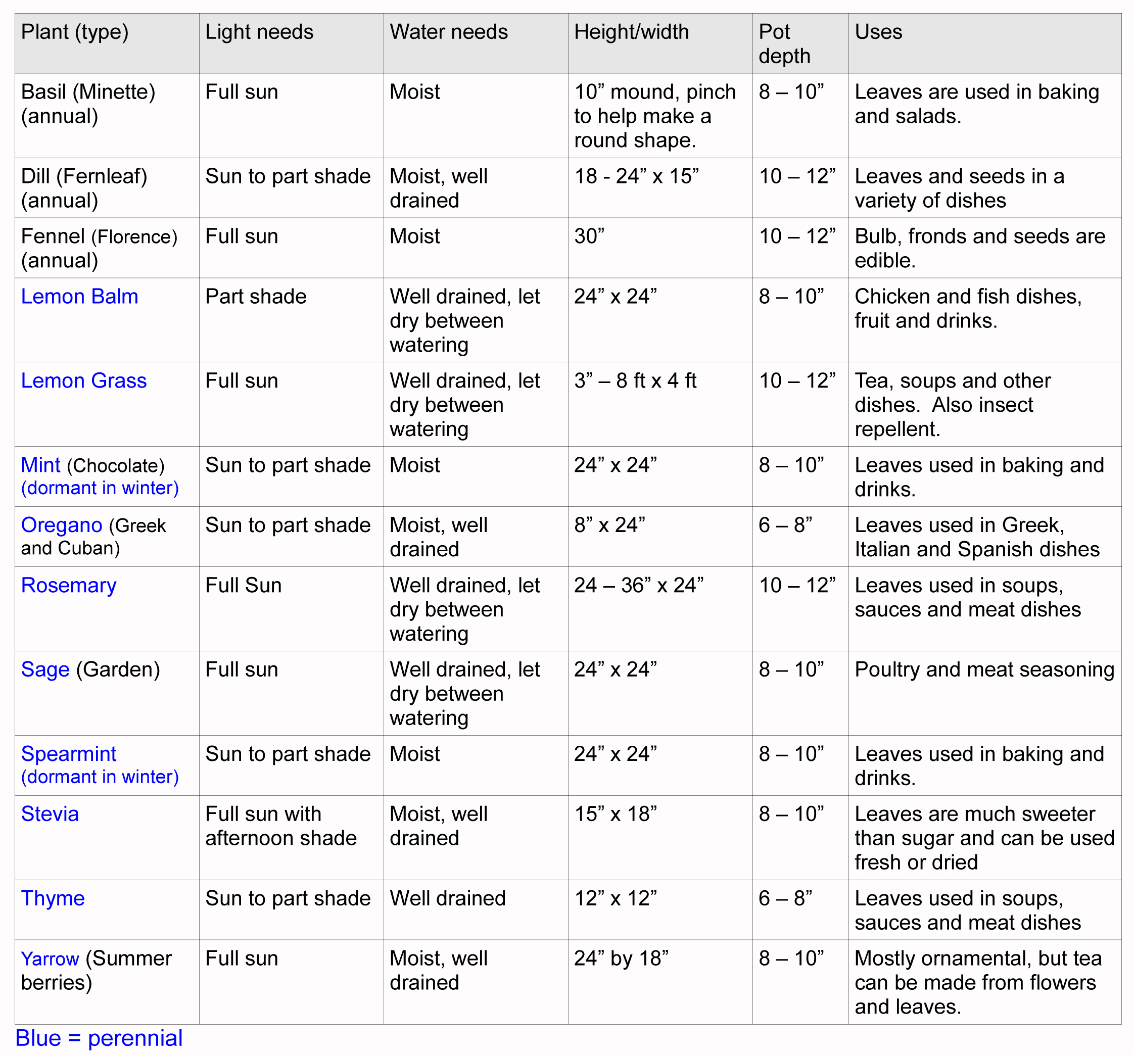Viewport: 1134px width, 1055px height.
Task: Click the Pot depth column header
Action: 784,44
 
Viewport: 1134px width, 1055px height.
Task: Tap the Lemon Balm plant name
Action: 79,297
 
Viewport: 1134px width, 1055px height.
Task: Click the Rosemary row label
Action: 68,585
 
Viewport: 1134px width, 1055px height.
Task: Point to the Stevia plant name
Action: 50,814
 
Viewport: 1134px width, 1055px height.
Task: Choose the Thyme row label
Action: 53,898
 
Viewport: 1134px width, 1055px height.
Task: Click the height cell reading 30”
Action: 589,236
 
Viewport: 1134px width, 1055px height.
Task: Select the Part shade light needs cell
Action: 256,297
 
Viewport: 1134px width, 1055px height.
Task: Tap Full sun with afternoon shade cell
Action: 280,826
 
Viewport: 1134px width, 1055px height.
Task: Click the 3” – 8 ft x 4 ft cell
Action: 635,380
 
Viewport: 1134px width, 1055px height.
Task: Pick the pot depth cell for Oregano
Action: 785,524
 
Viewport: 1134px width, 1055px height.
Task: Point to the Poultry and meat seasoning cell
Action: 984,669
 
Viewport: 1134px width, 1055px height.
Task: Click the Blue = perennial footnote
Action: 99,1038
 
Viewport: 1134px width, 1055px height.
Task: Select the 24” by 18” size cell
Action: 621,958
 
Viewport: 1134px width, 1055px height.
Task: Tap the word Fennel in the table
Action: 53,236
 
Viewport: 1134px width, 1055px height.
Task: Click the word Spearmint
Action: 68,754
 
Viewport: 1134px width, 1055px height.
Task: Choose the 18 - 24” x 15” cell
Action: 636,176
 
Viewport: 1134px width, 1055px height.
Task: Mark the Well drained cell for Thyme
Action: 447,898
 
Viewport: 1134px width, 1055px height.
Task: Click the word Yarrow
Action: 50,958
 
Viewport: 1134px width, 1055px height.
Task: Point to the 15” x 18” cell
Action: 615,814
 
